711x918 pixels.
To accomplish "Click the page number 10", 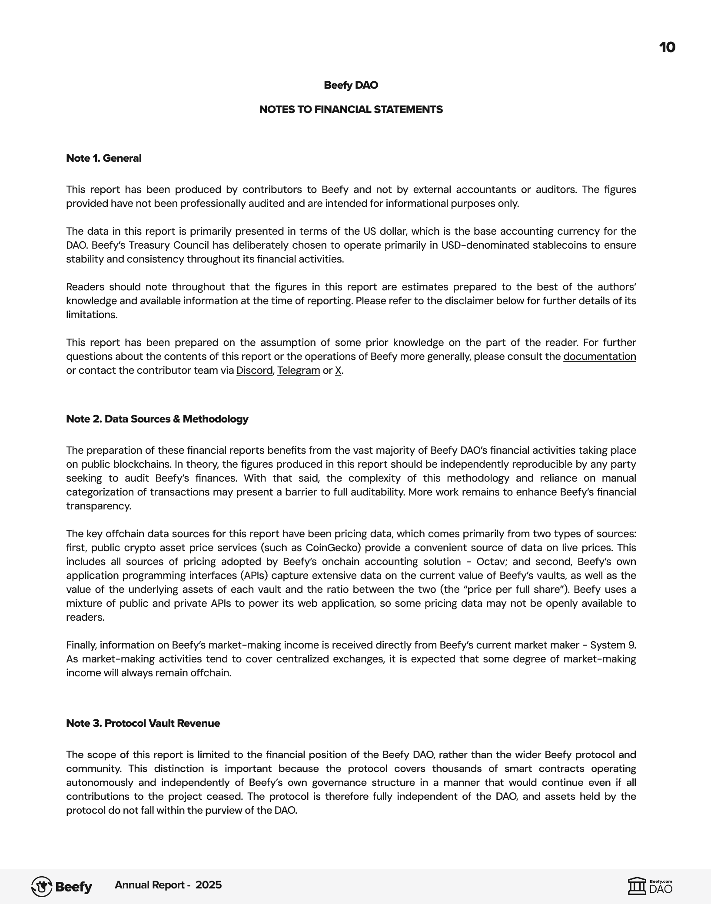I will [x=667, y=47].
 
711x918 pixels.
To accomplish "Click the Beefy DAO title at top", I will [x=351, y=85].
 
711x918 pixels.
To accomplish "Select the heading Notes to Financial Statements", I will [x=351, y=110].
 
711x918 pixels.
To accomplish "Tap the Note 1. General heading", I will [x=103, y=158].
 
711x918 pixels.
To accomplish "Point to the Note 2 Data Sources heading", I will [x=157, y=419].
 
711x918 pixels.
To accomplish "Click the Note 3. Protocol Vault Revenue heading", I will [x=143, y=723].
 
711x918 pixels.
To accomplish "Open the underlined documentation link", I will [x=599, y=357].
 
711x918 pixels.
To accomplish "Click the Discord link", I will [x=254, y=371].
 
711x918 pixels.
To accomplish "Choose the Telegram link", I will [x=299, y=371].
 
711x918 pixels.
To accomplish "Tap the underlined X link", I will [x=338, y=371].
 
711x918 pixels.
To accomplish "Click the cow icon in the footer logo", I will [x=42, y=887].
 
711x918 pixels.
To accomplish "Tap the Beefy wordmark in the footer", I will [x=74, y=887].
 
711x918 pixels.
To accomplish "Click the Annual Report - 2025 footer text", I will [x=168, y=885].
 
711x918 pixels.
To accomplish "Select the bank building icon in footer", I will [x=637, y=886].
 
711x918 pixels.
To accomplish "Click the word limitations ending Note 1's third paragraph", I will [x=91, y=315].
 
